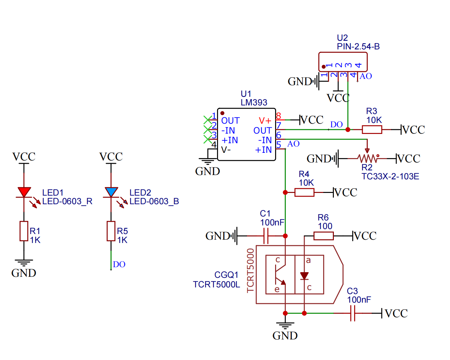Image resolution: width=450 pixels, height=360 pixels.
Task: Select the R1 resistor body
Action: tap(24, 231)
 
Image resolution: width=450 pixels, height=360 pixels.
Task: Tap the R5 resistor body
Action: tap(111, 231)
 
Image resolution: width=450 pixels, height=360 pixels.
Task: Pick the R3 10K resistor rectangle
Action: tap(372, 130)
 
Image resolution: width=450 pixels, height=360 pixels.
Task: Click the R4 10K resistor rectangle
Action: tap(304, 192)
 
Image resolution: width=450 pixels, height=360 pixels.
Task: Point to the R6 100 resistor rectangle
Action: tap(324, 236)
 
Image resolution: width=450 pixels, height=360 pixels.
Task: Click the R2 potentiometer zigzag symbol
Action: tap(367, 158)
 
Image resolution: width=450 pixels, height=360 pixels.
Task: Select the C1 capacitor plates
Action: tap(266, 236)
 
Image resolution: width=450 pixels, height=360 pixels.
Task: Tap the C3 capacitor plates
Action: tap(353, 313)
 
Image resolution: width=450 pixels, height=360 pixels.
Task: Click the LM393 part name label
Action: tap(254, 103)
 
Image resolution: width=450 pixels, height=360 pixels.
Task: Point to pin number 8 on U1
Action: tap(278, 116)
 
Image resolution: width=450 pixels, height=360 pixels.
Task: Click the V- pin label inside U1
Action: tap(226, 150)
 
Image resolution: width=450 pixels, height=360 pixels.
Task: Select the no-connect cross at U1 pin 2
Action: tap(207, 129)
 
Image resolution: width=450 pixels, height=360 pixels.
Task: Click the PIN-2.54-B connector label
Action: tap(358, 47)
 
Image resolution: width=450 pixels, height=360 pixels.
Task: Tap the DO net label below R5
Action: tap(119, 265)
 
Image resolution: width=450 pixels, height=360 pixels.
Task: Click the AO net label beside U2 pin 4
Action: tap(366, 76)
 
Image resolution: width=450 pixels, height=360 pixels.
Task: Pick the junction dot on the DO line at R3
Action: tap(348, 130)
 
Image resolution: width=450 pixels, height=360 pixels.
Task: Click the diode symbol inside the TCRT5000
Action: tap(304, 276)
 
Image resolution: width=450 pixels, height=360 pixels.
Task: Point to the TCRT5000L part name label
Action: tap(216, 285)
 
